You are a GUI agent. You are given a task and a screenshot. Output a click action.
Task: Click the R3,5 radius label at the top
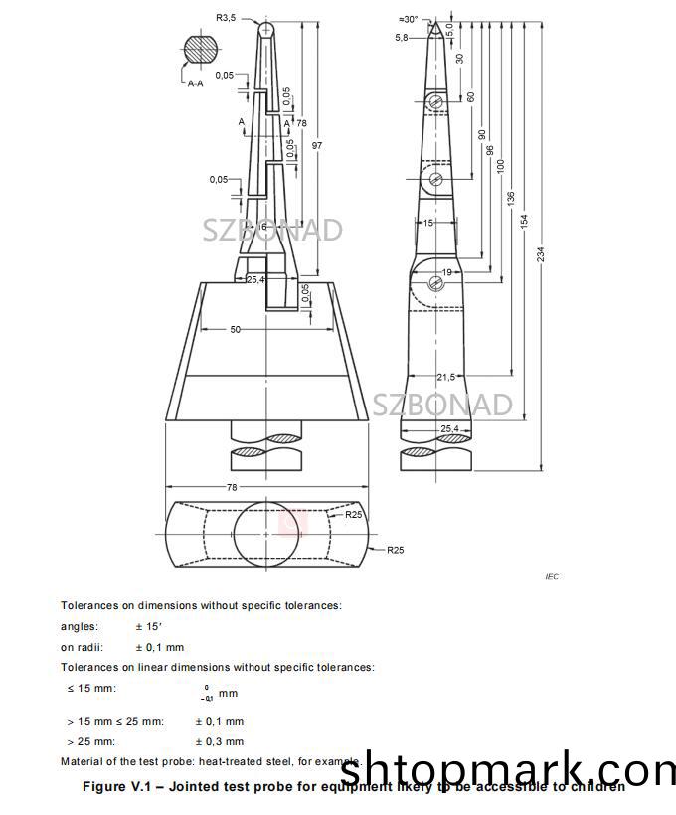click(x=228, y=16)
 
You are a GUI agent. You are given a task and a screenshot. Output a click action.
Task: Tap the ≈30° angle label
click(x=408, y=19)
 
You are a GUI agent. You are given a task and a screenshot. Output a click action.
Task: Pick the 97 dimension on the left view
click(x=317, y=145)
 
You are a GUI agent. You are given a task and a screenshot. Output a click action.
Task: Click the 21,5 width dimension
click(x=445, y=377)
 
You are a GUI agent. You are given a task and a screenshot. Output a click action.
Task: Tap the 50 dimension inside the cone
click(x=236, y=329)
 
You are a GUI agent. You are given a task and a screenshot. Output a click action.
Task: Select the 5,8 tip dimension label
click(x=401, y=38)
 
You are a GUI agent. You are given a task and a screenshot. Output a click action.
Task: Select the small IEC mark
click(x=553, y=576)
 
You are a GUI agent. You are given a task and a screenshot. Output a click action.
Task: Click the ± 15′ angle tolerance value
click(x=153, y=626)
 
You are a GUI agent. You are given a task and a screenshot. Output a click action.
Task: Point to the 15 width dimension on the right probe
click(x=428, y=223)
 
